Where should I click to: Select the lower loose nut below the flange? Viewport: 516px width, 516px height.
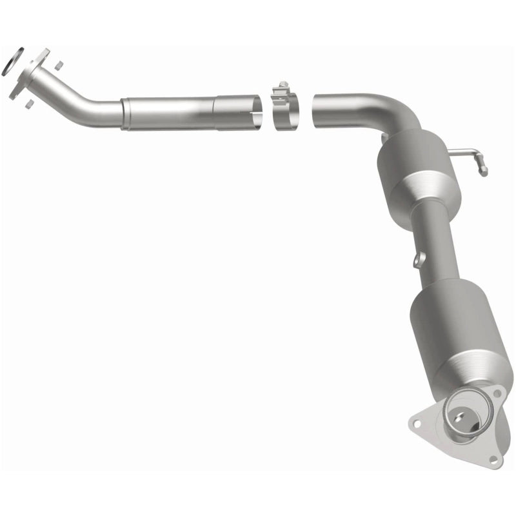click(x=30, y=101)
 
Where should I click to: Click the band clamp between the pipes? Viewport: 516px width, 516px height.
click(x=284, y=110)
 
